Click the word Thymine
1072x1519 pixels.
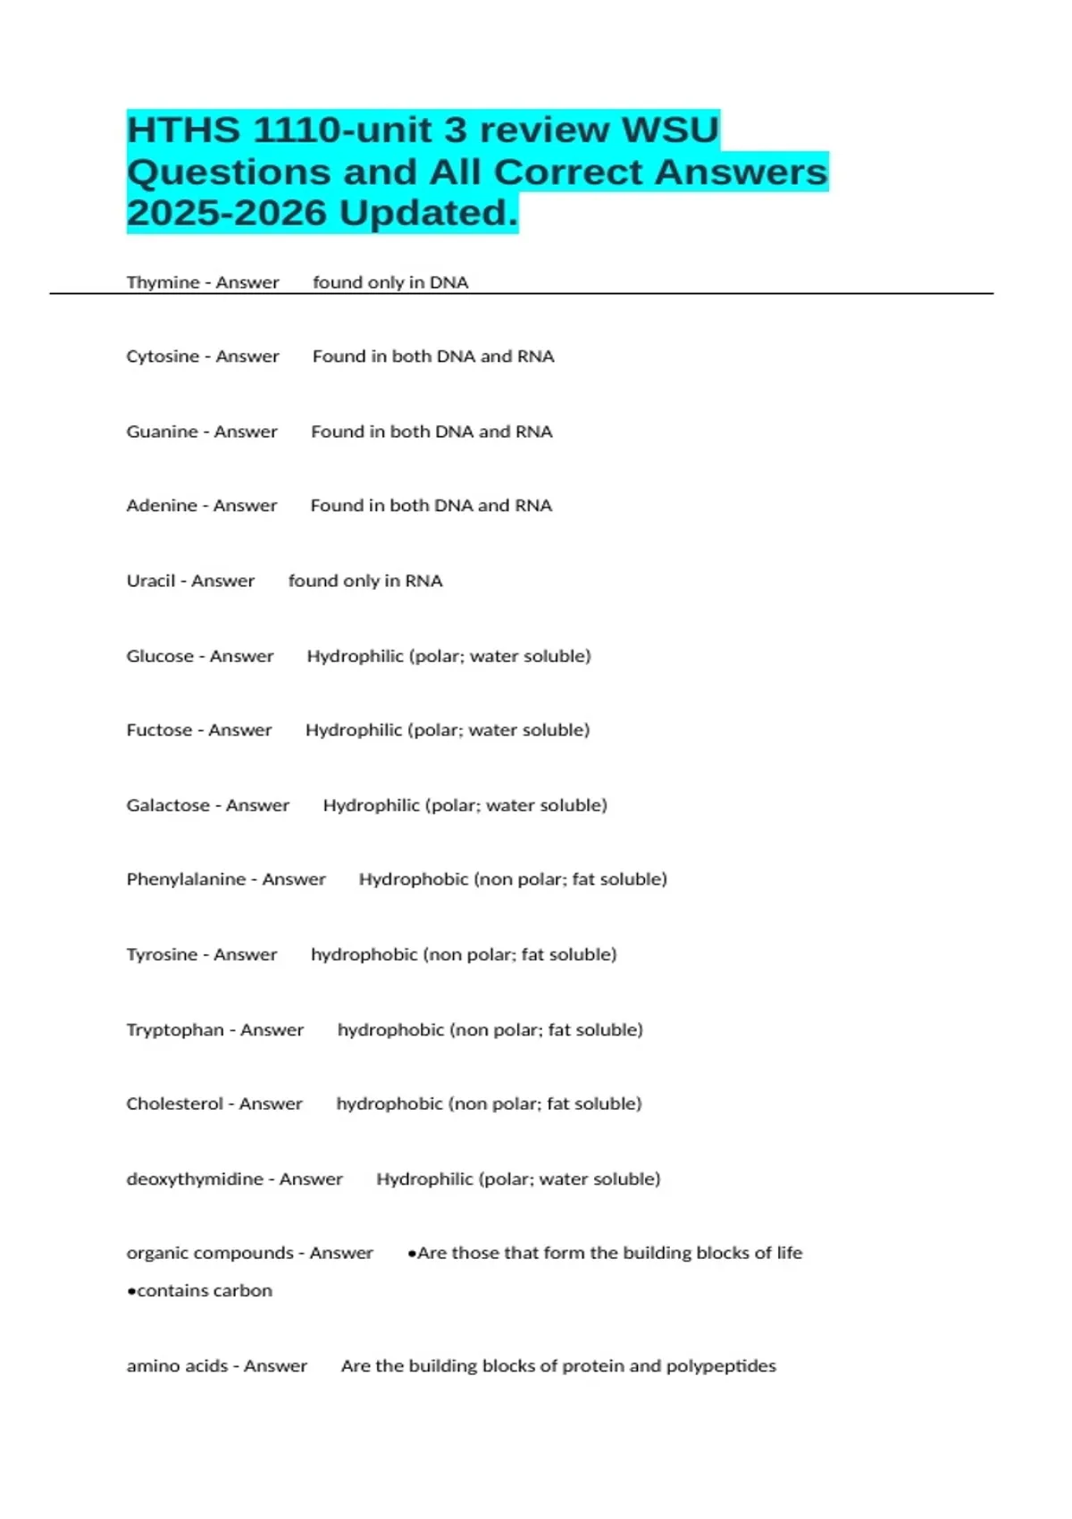tap(163, 282)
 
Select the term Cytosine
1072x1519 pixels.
tap(163, 357)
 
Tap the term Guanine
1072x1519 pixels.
tap(162, 432)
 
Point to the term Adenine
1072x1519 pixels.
tap(162, 506)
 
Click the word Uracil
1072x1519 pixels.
tap(150, 581)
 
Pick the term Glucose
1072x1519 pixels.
tap(160, 656)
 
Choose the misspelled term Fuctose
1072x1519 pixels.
tap(159, 730)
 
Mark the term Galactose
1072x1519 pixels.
tap(168, 805)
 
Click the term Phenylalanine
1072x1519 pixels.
tap(186, 879)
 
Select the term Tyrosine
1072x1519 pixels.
tap(162, 954)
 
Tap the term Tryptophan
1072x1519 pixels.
tap(175, 1029)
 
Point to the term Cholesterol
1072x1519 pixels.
tap(174, 1104)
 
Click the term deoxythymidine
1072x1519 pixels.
tap(195, 1179)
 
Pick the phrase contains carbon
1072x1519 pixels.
tap(204, 1290)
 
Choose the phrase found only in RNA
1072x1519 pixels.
tap(364, 581)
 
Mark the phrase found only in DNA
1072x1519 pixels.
tap(390, 282)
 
